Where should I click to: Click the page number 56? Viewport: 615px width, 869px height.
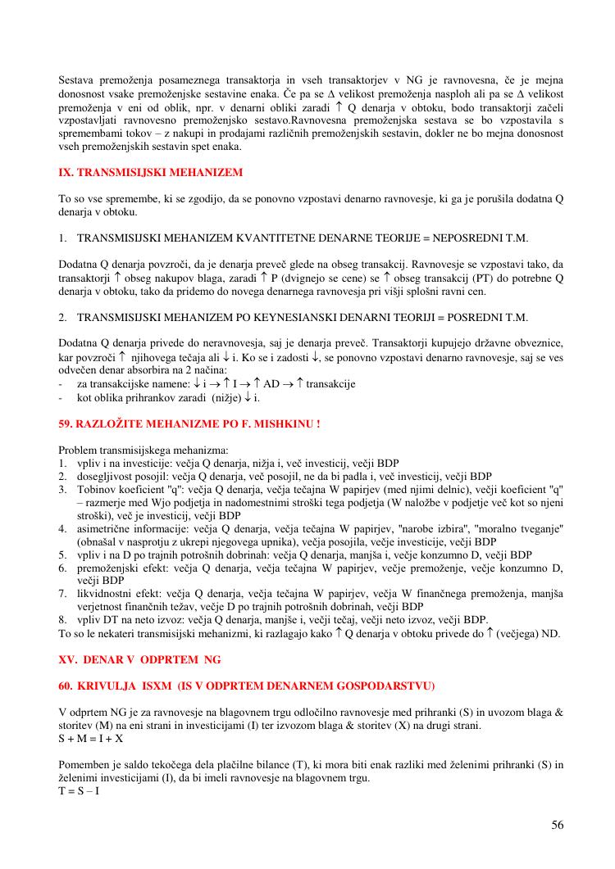point(558,825)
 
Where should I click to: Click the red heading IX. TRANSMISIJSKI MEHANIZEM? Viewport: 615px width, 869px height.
point(151,173)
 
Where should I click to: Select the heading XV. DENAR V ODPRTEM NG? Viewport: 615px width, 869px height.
point(139,659)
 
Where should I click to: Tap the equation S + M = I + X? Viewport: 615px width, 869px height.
point(91,738)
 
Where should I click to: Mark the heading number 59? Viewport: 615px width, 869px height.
point(65,423)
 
